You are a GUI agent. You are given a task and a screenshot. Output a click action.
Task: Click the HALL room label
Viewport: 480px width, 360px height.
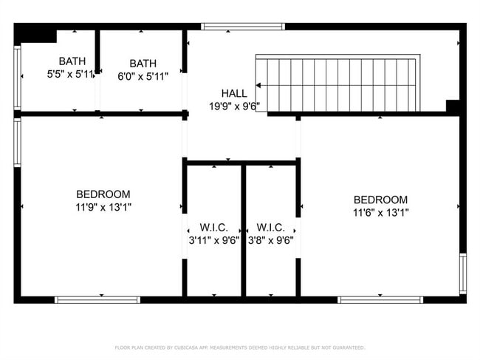(x=234, y=93)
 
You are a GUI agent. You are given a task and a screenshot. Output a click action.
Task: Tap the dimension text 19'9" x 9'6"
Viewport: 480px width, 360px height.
(x=234, y=105)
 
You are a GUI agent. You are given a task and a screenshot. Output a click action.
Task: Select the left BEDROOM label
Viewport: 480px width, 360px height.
(x=103, y=194)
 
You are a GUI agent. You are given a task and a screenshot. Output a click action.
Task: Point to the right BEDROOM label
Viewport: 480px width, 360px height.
(x=380, y=200)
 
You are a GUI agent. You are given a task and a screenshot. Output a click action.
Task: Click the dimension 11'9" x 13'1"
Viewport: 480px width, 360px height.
(x=103, y=207)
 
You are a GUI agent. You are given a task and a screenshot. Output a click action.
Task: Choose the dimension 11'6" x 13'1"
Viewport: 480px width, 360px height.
(x=380, y=212)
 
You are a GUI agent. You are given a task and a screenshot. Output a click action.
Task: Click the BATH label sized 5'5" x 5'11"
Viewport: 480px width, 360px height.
(x=72, y=61)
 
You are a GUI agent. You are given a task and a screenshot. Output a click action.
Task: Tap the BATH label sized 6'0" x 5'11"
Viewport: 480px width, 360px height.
(x=143, y=64)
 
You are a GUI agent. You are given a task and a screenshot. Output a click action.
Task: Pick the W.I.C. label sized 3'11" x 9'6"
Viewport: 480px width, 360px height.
(x=213, y=227)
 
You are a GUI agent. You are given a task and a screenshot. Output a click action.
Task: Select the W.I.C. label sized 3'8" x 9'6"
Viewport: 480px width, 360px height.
(x=271, y=227)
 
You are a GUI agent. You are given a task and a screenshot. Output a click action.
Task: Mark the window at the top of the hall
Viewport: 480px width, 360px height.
(x=243, y=27)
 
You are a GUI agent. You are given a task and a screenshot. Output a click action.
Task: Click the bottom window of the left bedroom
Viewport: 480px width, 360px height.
(x=97, y=299)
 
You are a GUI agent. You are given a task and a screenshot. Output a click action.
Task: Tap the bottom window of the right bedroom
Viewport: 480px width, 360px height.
(x=380, y=299)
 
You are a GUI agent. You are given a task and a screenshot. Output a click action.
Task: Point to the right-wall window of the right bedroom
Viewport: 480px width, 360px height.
(x=463, y=274)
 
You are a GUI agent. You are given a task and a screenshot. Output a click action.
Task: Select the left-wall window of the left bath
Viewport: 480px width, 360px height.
(x=17, y=78)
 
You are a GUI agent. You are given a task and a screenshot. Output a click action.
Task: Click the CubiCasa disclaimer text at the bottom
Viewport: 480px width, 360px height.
(x=239, y=347)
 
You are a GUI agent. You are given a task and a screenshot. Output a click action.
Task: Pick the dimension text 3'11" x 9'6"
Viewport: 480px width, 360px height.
(x=213, y=240)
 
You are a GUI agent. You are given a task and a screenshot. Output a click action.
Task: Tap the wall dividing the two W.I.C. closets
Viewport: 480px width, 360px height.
(x=243, y=229)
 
